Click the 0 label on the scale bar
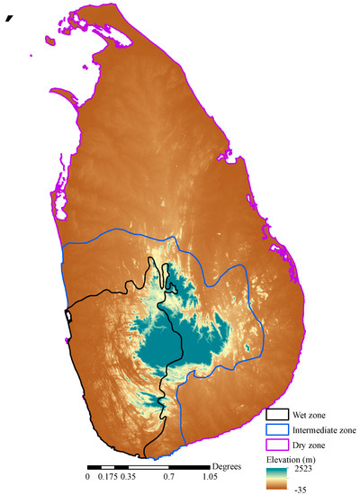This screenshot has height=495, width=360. click(x=87, y=477)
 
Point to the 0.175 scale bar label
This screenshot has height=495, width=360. click(x=106, y=477)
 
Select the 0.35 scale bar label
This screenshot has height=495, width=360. click(x=128, y=477)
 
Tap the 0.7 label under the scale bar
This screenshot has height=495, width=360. click(x=168, y=477)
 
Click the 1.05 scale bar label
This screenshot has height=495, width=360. click(x=209, y=477)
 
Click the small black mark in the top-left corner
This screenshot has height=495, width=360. click(x=10, y=18)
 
